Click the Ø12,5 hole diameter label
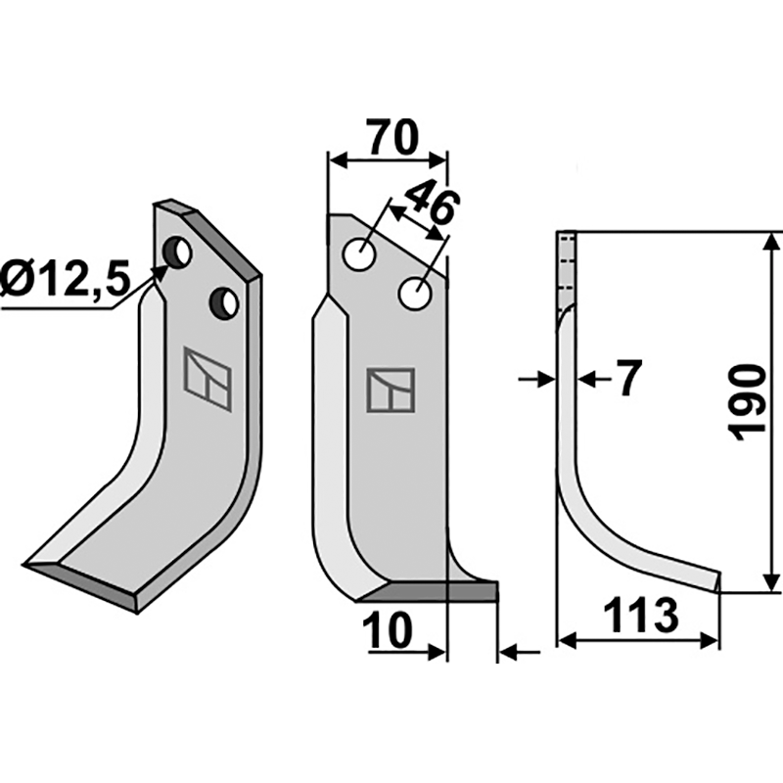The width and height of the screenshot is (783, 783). click(x=65, y=279)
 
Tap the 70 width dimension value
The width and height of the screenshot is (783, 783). click(x=392, y=137)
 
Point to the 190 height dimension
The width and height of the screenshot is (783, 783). click(x=747, y=403)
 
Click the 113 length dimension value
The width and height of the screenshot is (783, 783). click(x=641, y=615)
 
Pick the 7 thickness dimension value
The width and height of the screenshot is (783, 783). click(x=627, y=378)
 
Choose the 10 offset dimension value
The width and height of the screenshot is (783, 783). click(x=388, y=629)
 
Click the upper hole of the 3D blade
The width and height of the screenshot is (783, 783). click(x=177, y=253)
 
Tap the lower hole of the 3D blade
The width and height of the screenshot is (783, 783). click(x=224, y=303)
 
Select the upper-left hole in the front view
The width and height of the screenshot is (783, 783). click(x=359, y=254)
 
